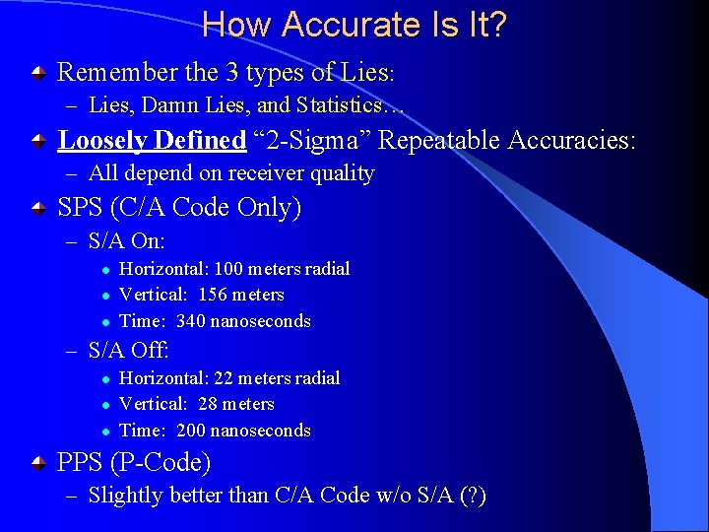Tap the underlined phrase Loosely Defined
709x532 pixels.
click(152, 141)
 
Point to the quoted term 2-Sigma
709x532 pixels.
click(313, 141)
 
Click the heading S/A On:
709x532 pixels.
click(126, 240)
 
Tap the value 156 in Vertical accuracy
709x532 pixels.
click(215, 295)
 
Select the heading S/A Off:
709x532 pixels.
click(128, 350)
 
